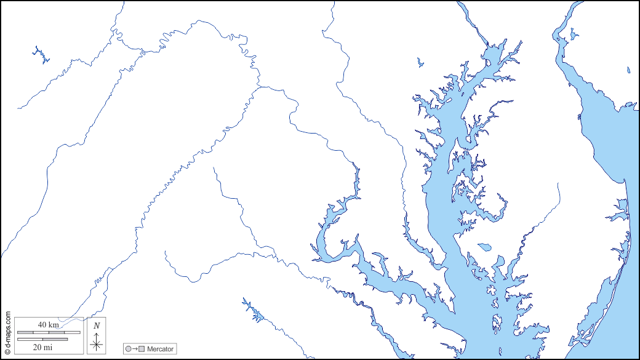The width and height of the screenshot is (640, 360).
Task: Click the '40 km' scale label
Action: (48, 324)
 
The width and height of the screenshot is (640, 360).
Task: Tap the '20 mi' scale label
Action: (42, 346)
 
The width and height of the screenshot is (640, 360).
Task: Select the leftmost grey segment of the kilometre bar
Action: (25, 332)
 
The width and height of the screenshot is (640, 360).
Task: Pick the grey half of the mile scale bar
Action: (55, 338)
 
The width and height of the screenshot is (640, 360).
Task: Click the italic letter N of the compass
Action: (97, 326)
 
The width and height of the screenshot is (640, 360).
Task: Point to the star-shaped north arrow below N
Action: (97, 343)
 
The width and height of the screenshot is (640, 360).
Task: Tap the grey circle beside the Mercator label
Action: (128, 350)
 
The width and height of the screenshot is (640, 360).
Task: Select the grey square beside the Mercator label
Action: (142, 350)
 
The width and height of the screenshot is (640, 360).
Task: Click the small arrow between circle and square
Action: (135, 350)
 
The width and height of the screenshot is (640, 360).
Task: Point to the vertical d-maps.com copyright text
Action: (7, 332)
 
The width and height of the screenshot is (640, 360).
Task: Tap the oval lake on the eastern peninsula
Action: (484, 247)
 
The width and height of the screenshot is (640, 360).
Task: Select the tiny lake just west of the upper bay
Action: (420, 62)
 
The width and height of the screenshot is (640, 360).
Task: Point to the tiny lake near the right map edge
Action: (628, 70)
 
